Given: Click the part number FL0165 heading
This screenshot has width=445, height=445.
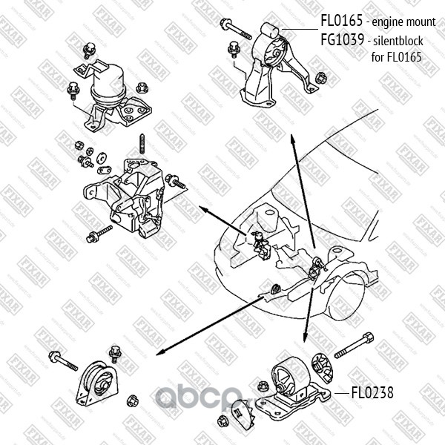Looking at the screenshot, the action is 340,23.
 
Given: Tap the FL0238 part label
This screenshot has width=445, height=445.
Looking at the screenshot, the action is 372,392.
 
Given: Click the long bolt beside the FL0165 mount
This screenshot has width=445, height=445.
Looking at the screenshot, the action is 237,29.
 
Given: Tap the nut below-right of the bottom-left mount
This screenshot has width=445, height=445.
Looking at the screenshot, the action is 133,401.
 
